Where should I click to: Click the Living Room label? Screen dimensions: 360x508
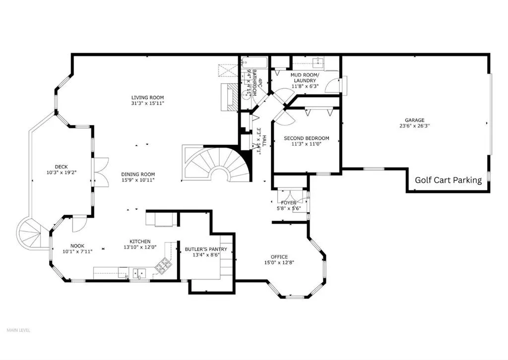click(147, 97)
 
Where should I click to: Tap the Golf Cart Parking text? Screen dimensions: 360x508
click(448, 180)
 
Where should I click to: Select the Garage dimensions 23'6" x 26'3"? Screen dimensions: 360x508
click(414, 126)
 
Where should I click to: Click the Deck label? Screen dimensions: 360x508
click(62, 167)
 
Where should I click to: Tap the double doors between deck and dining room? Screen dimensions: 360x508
click(101, 172)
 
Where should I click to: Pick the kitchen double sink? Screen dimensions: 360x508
click(138, 272)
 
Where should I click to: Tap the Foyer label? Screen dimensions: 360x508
click(288, 202)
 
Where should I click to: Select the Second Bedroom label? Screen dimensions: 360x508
click(306, 138)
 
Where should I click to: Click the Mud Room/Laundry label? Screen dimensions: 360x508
click(304, 77)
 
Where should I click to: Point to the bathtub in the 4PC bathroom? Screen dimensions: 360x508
click(254, 62)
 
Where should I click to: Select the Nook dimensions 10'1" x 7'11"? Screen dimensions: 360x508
click(77, 251)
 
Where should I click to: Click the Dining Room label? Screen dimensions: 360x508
click(138, 175)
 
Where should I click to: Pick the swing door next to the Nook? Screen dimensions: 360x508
click(77, 224)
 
